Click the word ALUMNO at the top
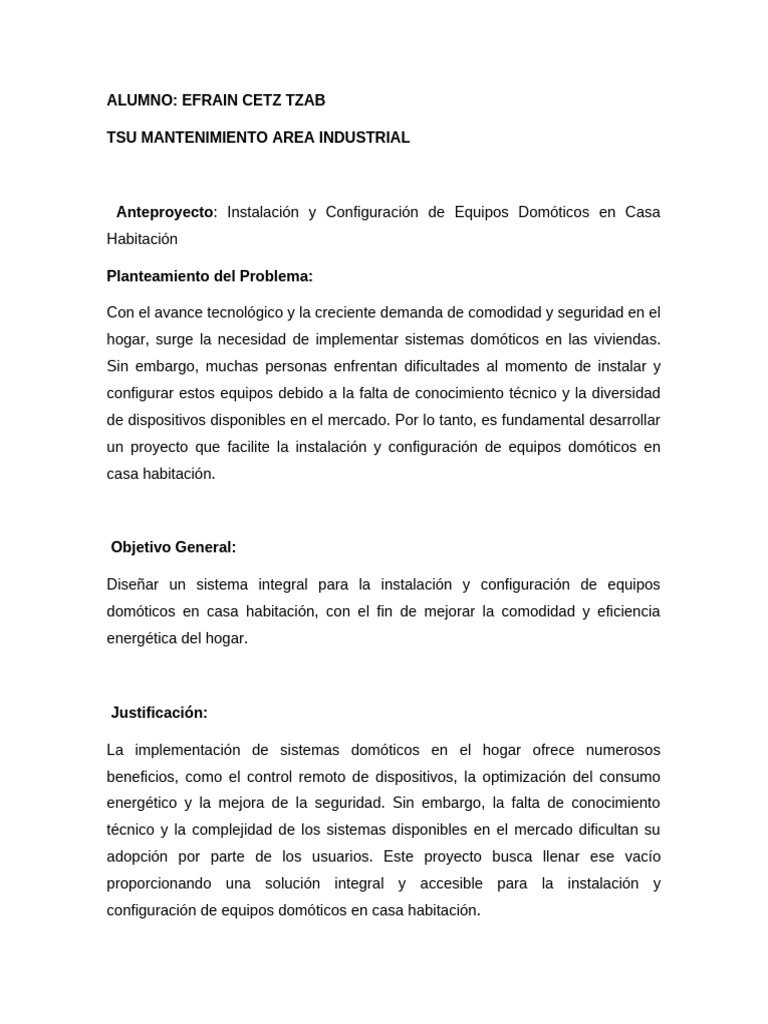coord(140,101)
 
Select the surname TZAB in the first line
coord(302,101)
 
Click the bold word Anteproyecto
coord(164,212)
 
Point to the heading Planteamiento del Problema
coord(210,276)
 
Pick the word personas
coord(284,367)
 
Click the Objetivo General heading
coord(174,548)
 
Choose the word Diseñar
coord(133,584)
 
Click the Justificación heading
coord(160,713)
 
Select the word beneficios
coord(140,777)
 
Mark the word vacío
coord(641,857)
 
